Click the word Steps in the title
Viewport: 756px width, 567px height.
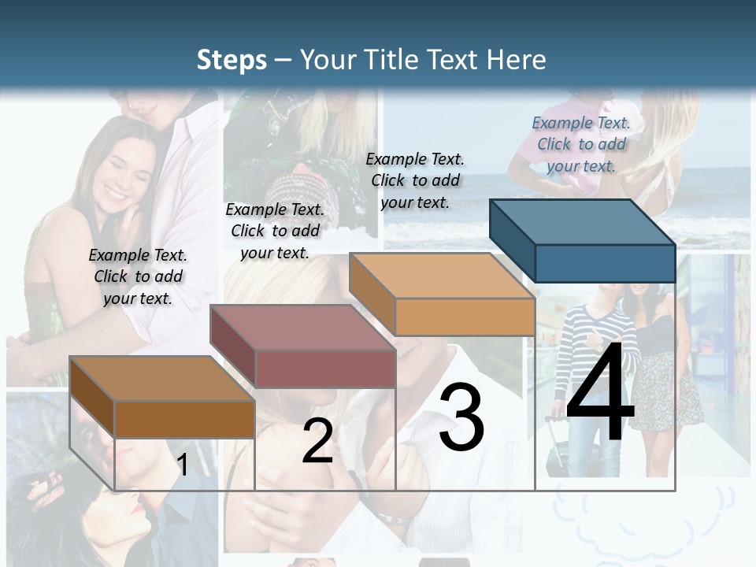pos(232,60)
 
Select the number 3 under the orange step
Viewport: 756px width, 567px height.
pos(461,417)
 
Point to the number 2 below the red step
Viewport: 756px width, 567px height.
pos(317,441)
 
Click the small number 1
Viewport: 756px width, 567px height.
pos(182,465)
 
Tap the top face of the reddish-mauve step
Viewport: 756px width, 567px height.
pos(302,327)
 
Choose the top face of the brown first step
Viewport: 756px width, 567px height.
pos(162,378)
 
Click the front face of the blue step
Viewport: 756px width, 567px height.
pos(605,263)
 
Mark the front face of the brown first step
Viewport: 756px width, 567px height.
pos(184,419)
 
